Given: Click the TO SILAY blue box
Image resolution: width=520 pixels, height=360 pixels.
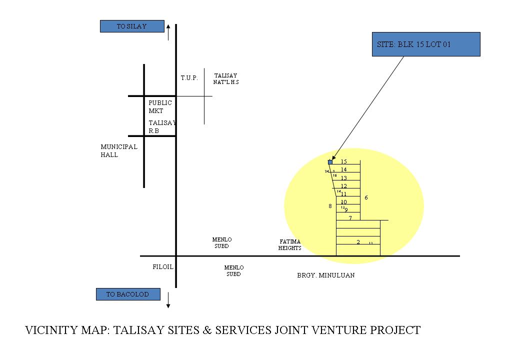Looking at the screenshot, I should [x=132, y=26].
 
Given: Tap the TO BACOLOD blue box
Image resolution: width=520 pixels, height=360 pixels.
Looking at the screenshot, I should [x=128, y=294].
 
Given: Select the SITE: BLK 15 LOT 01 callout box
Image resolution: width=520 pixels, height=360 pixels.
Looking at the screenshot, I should [x=426, y=44].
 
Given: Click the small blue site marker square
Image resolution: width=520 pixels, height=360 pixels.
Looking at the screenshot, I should [x=330, y=162].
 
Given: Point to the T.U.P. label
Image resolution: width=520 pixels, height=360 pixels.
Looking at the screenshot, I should [x=189, y=78].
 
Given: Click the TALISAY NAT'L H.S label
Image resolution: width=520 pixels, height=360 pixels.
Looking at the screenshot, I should [x=225, y=79].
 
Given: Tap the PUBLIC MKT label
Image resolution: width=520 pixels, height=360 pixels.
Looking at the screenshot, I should [x=160, y=106].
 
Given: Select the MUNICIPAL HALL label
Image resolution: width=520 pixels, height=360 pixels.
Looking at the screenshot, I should [x=118, y=151].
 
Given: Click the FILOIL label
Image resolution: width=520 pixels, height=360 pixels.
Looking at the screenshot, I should [x=163, y=267].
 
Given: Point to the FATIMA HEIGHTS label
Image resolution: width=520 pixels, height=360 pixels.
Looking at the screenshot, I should [x=290, y=245].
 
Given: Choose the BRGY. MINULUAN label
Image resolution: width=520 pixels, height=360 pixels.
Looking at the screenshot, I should [x=325, y=275].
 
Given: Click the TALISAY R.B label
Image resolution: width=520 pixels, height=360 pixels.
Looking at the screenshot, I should [x=161, y=126].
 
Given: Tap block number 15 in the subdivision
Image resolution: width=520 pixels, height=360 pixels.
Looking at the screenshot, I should [x=344, y=161].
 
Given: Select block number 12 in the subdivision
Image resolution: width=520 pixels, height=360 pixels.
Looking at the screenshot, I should [x=344, y=186].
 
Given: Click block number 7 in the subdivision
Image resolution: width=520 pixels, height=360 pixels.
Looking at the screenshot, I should [x=350, y=218].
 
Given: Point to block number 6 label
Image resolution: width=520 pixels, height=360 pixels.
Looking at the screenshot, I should [x=366, y=198].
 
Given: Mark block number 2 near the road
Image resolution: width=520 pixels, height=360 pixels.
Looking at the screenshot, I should [x=358, y=242].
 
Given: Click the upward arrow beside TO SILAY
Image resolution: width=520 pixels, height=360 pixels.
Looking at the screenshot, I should [x=168, y=31].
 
